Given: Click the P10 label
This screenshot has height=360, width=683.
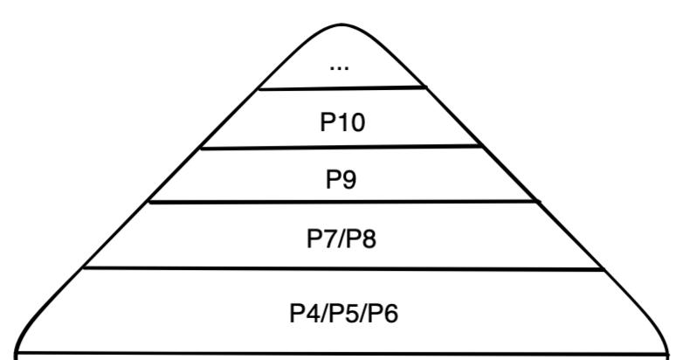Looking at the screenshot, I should coord(341,121).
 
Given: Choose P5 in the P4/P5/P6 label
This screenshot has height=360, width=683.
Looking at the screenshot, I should coord(341,313).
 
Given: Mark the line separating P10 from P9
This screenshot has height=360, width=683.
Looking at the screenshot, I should coord(341,147).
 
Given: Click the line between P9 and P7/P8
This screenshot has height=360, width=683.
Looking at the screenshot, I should coord(341,202).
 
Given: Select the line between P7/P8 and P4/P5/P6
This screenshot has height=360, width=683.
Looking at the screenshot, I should coord(341,269).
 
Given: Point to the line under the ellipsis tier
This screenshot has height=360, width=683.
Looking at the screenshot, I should coord(341,87).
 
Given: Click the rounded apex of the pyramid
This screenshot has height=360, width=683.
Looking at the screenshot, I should coord(341,20).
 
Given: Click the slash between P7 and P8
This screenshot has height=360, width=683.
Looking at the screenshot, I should coord(341,238).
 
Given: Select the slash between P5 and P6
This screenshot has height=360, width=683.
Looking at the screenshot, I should coord(363,313).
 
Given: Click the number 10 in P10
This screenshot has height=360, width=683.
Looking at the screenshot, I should coord(348,121).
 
